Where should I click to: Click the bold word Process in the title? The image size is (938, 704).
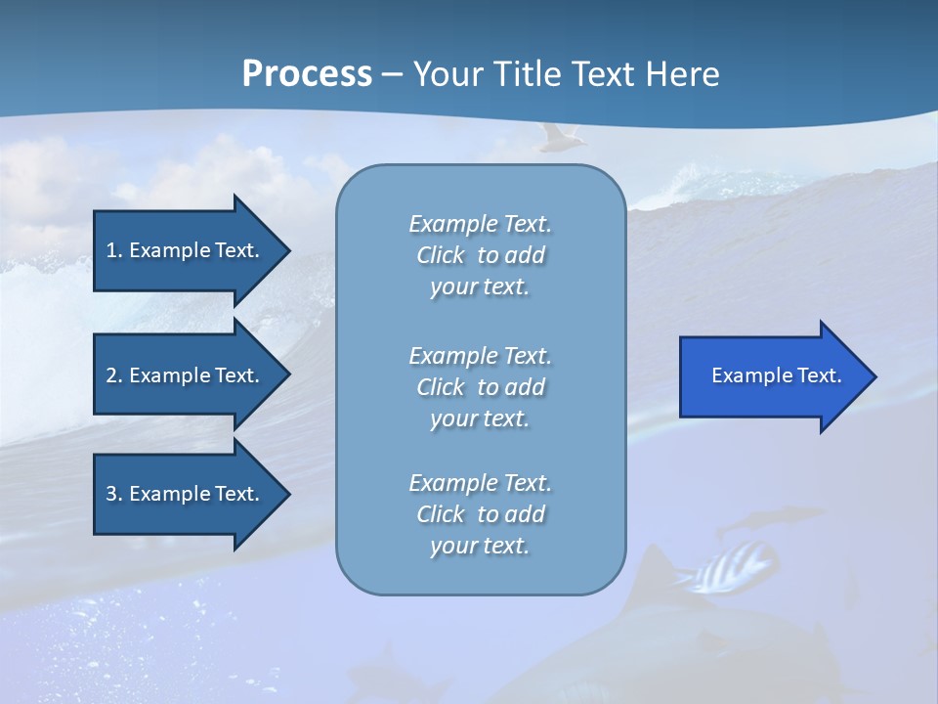click(x=307, y=73)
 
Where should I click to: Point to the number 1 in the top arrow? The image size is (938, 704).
click(x=111, y=250)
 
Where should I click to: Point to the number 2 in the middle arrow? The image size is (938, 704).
click(x=111, y=375)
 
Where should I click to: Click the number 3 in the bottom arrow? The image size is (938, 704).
click(x=111, y=494)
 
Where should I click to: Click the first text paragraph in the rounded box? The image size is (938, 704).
click(x=480, y=255)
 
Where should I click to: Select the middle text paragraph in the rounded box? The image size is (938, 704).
click(x=480, y=387)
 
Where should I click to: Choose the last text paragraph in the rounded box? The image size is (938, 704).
click(x=480, y=514)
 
